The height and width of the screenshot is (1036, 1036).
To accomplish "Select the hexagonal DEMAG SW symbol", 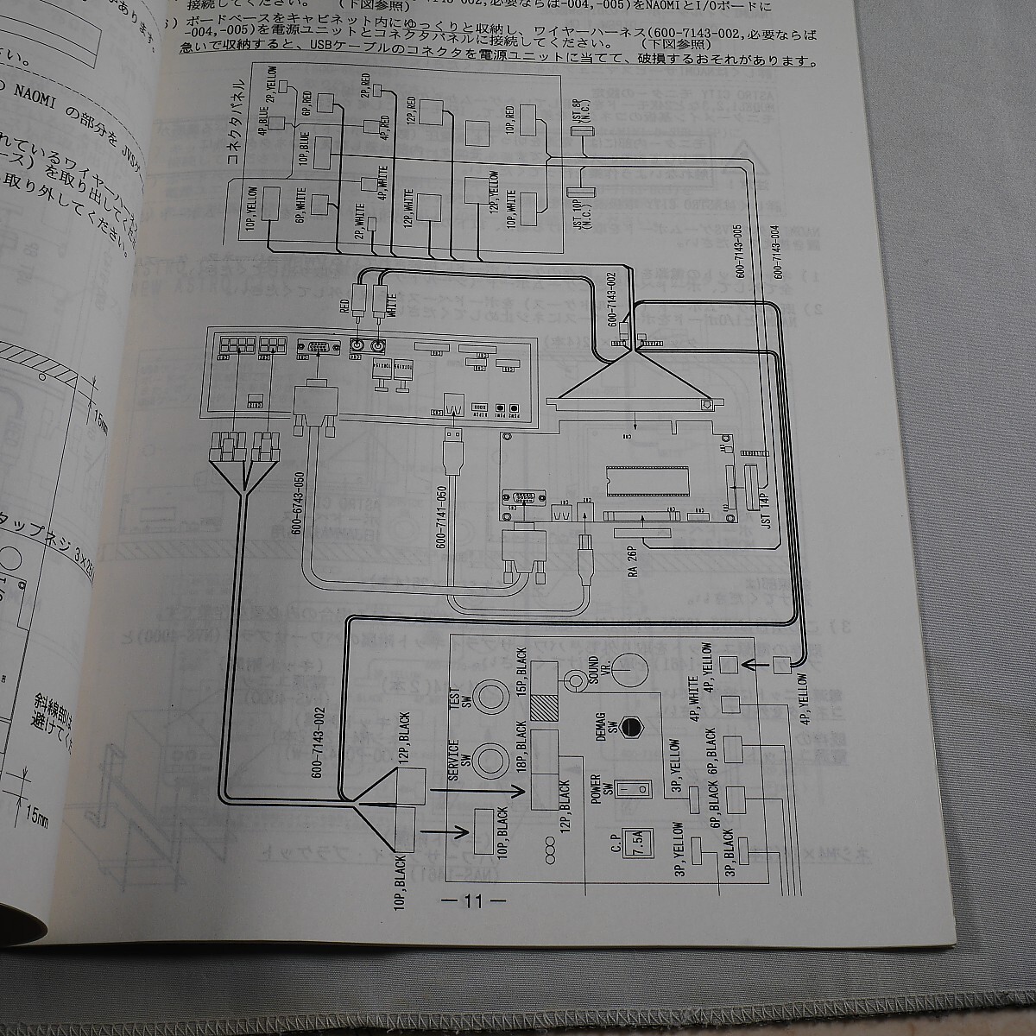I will pos(636,728).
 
